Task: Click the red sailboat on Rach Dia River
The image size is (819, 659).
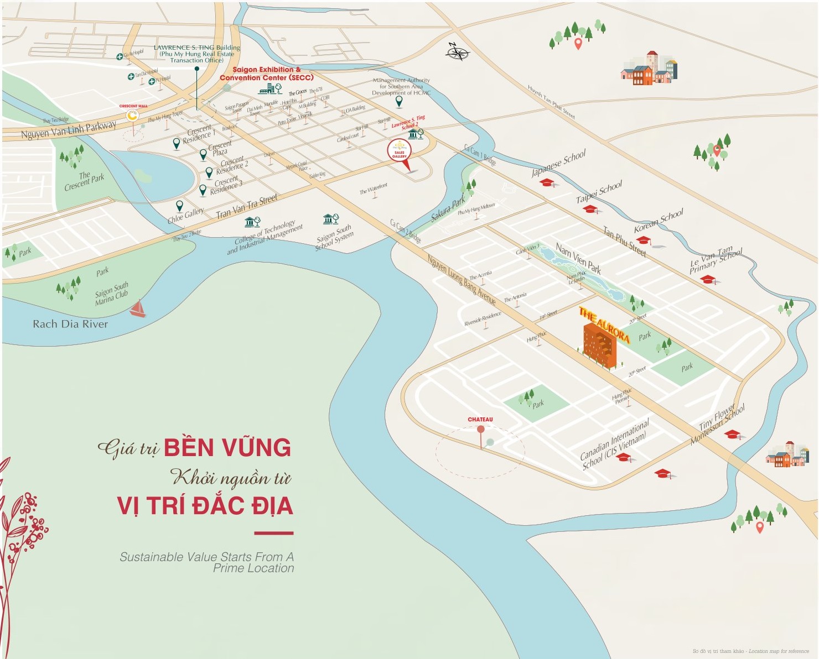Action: pos(138,308)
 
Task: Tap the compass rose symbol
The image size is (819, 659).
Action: pos(458,53)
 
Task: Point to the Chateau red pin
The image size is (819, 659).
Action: pos(480,430)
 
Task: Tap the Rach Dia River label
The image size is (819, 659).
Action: pos(70,324)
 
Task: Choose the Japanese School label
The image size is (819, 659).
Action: pos(558,163)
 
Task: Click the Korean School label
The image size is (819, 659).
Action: pos(659,221)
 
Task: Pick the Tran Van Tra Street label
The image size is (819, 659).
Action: pos(247,206)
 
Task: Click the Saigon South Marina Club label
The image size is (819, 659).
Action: pos(112,294)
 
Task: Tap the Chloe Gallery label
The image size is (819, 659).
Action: pos(186,216)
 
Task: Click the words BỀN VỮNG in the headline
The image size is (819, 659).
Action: pos(227,447)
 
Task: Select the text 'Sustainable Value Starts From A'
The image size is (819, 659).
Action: pos(206,557)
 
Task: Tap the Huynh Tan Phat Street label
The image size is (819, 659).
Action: pos(551,102)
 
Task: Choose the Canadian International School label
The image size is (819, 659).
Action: pos(614,445)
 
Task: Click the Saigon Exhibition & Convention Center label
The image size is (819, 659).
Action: pos(266,74)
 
